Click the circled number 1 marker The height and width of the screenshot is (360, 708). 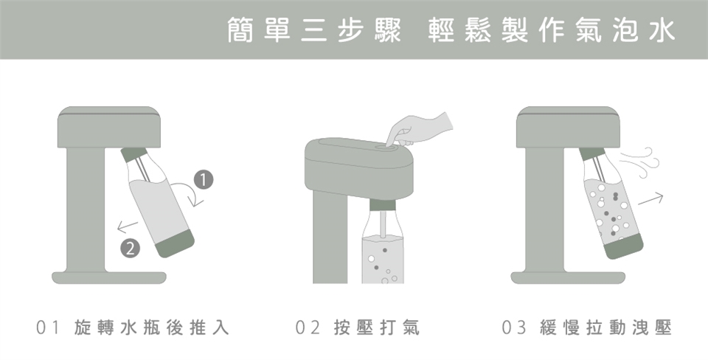click(204, 179)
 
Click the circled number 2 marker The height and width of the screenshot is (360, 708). click(130, 248)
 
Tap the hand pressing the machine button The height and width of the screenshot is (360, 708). click(419, 130)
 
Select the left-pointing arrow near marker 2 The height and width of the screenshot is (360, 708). click(128, 226)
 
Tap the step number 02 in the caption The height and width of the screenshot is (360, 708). click(308, 328)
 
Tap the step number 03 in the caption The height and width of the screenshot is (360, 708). click(514, 328)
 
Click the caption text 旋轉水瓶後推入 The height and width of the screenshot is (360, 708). click(152, 328)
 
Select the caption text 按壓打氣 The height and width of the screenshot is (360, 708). click(377, 328)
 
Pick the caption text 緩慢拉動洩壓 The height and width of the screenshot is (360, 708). click(605, 328)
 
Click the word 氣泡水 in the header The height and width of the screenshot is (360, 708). click(625, 30)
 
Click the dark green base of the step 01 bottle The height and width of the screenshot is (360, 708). click(175, 243)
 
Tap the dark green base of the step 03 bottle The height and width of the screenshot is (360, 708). click(624, 246)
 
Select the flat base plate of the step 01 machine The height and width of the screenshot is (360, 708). click(109, 277)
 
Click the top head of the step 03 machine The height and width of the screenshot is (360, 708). click(568, 127)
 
